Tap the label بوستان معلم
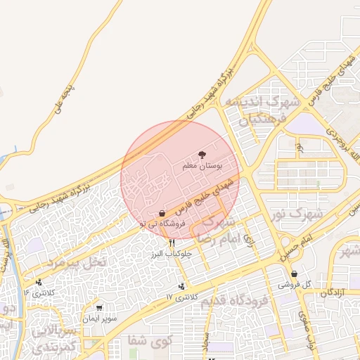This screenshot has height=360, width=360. [202, 166]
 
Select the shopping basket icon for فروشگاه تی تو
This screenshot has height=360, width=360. [162, 212]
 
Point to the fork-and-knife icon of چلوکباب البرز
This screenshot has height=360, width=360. [172, 243]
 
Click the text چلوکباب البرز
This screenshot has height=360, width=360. [167, 253]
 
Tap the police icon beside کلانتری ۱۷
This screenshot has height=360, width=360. [183, 286]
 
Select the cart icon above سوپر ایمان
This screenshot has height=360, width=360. [99, 307]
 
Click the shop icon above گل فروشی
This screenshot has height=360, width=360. [294, 274]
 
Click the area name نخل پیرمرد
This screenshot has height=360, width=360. [76, 262]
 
